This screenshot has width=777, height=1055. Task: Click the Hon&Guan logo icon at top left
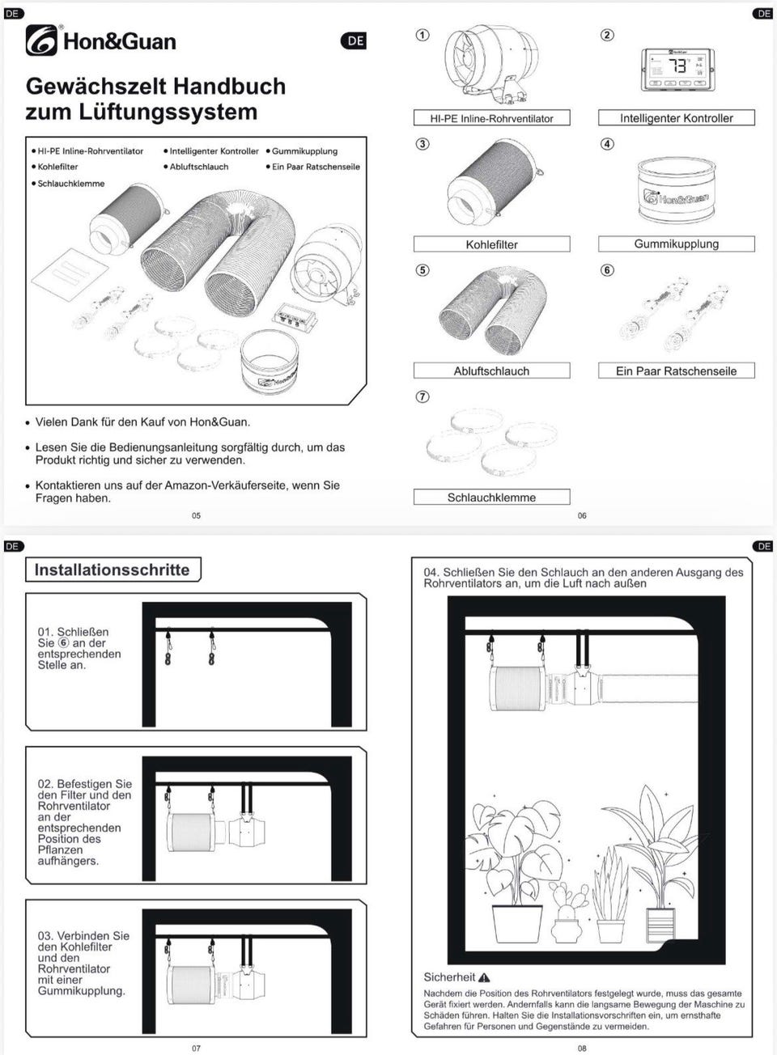pos(41,40)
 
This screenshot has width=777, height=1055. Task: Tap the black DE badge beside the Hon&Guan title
pos(355,41)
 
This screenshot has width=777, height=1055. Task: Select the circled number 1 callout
pos(422,36)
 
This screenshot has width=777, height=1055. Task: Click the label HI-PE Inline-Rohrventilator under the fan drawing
pos(491,118)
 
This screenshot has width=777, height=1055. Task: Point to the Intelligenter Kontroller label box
pos(676,118)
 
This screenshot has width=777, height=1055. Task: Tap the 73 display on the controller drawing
pos(678,66)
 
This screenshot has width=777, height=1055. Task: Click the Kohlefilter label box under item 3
pos(491,244)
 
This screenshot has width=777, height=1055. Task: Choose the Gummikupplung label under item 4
pos(676,244)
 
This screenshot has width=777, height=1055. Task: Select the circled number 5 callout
pos(422,270)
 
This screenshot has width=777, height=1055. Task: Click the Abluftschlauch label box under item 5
pos(491,371)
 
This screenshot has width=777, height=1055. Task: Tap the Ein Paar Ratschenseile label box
pos(676,371)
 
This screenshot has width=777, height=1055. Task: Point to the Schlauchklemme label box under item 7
pos(491,497)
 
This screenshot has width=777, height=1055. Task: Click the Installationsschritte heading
pos(112,570)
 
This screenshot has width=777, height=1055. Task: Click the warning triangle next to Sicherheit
pos(484,977)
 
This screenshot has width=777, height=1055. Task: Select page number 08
pos(582,1048)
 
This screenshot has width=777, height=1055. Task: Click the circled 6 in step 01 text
pos(64,643)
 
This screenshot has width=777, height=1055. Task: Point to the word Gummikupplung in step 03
pos(81,990)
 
